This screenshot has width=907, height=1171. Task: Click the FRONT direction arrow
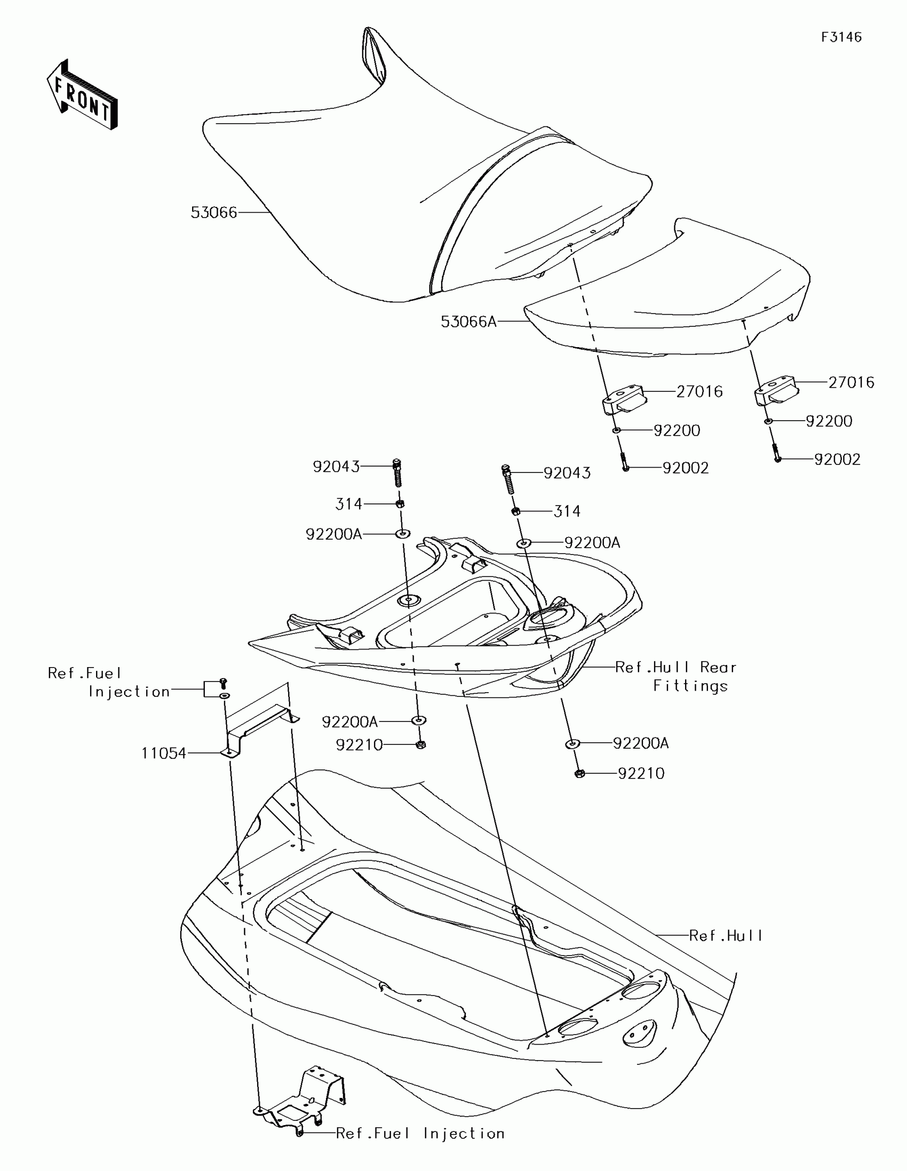point(82,95)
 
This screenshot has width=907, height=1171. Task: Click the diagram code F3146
point(841,37)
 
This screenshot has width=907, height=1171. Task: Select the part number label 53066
point(213,212)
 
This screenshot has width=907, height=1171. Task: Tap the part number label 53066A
point(468,322)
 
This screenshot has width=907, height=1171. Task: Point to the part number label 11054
point(164,753)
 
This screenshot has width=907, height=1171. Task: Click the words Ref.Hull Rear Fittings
point(677,677)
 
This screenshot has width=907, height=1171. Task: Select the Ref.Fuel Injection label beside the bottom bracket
point(420,1133)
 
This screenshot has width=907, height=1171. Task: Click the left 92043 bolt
point(397,472)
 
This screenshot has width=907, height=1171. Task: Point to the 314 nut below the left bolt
point(400,504)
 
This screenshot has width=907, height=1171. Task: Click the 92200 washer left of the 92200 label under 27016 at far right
point(769,422)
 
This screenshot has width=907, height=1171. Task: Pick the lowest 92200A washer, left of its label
point(572,744)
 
